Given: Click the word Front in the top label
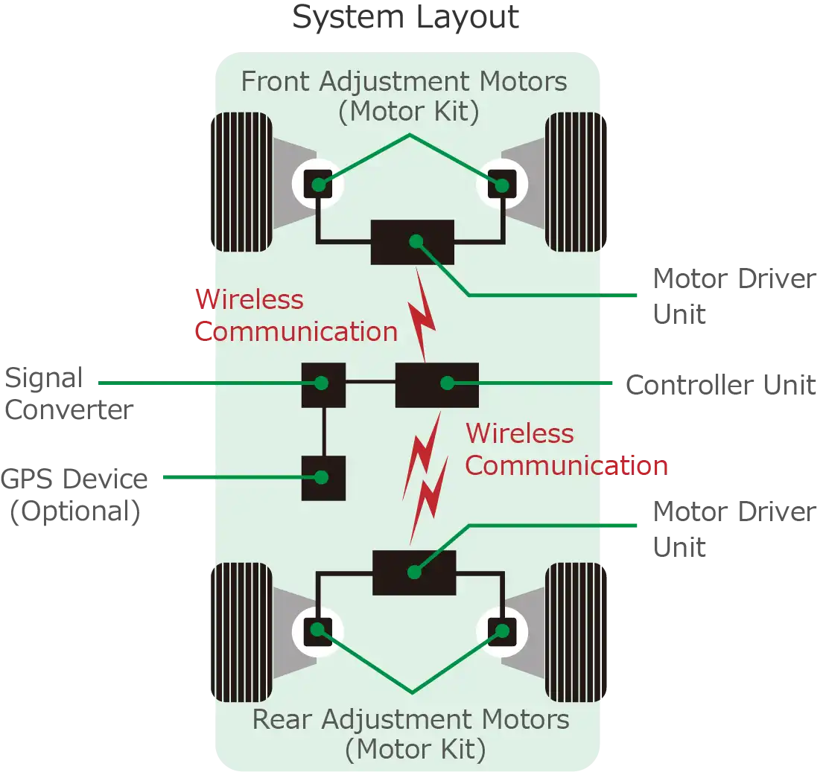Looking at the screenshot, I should (x=276, y=81).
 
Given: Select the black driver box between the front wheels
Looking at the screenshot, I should (x=413, y=242).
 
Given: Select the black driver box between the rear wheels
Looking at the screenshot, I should (x=414, y=572).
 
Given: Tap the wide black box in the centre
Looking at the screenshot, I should (x=436, y=384).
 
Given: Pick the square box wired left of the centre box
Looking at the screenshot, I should (x=323, y=384).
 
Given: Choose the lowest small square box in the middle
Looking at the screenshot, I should (x=323, y=477).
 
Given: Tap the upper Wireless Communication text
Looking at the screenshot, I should (x=296, y=316).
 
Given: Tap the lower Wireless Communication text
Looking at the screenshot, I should (x=565, y=449).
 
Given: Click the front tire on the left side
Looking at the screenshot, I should (x=241, y=182).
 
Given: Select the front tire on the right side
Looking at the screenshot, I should (x=575, y=182).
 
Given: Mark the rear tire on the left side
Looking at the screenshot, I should (x=241, y=632).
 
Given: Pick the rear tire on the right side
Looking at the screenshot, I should (x=575, y=632).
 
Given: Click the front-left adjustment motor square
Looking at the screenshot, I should (x=318, y=184).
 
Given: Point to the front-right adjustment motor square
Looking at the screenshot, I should (x=501, y=184).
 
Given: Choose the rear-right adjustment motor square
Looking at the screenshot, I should (x=501, y=631).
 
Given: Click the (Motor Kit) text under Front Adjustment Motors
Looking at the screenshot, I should (x=407, y=112).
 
